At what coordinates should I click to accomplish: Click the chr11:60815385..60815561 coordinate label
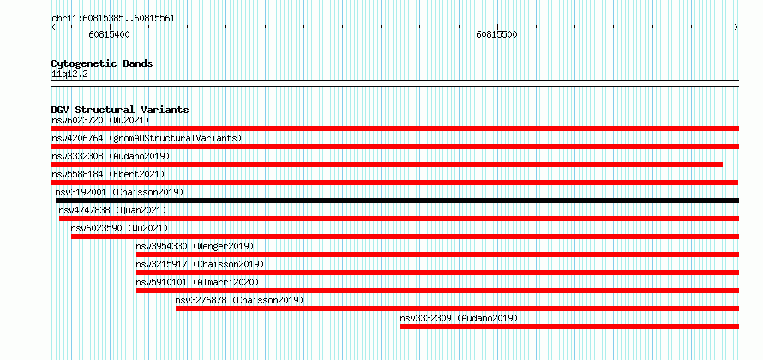(x=113, y=19)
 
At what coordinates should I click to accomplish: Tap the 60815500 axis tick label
(x=497, y=34)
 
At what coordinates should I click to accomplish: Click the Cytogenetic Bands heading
(x=102, y=63)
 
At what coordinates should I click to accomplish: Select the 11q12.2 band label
(x=69, y=75)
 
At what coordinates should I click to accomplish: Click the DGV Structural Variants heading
(x=120, y=110)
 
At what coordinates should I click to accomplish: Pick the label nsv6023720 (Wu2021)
(x=100, y=120)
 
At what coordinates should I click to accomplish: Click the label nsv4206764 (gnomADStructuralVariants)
(x=147, y=138)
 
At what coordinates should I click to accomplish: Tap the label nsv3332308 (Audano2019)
(x=111, y=156)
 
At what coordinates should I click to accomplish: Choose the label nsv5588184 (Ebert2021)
(x=108, y=174)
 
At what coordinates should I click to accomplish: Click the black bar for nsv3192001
(x=397, y=201)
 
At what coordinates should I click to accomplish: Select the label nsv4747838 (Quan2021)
(x=112, y=210)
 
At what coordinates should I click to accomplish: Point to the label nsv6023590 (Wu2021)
(x=119, y=228)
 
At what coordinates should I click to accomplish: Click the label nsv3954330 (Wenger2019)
(x=195, y=246)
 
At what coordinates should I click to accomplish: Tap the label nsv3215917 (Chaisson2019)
(x=200, y=264)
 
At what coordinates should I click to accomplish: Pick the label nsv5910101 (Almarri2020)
(x=197, y=282)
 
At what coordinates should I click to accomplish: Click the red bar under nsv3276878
(x=458, y=309)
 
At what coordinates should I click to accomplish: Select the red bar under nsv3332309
(x=570, y=327)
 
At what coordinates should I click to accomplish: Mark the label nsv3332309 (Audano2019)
(x=459, y=318)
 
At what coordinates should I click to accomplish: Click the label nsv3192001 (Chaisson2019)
(x=120, y=192)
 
